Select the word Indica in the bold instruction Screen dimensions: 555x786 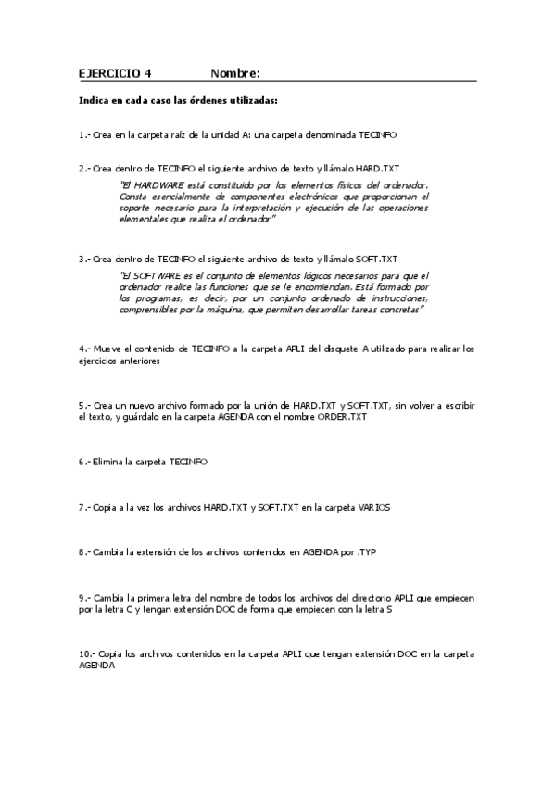95,100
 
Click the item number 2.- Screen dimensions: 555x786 84,169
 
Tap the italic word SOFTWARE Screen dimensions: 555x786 158,276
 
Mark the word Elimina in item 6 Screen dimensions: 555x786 108,461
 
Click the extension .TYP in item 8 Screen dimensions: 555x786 365,552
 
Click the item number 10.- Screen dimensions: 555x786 87,654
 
